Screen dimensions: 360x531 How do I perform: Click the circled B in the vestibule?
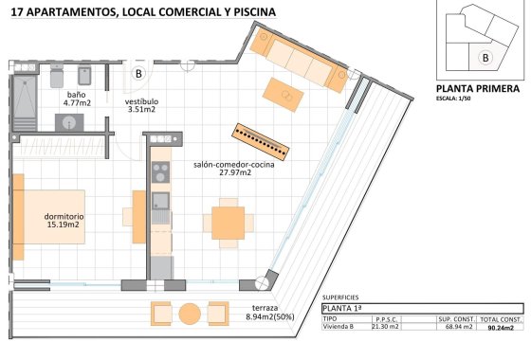click(x=138, y=73)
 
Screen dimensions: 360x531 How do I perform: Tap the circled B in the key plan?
click(x=485, y=57)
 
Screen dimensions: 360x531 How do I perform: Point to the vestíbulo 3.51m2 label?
click(x=142, y=104)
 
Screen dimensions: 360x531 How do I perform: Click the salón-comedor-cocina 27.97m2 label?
click(x=223, y=168)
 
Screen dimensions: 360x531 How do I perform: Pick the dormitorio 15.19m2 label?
click(x=64, y=221)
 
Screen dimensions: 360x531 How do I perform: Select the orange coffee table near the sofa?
click(x=283, y=92)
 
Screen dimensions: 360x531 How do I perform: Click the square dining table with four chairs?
click(x=228, y=223)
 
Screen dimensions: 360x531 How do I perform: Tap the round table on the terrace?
click(x=190, y=314)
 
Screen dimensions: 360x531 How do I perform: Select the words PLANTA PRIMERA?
click(x=477, y=88)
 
